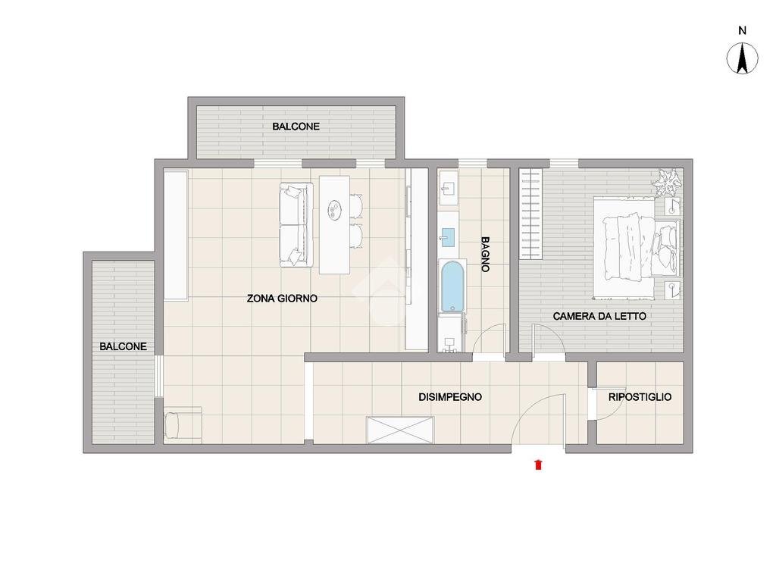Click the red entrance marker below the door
538,465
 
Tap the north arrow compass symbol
742,58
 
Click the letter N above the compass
742,30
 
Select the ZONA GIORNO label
282,299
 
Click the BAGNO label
486,255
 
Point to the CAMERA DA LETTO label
599,316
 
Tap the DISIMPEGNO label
450,397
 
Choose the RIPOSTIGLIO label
640,397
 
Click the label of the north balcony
296,127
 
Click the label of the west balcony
124,346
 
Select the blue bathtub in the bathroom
453,286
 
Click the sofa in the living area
296,224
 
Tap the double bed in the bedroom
637,249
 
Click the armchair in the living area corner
183,424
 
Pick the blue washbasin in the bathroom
449,237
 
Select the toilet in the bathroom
452,334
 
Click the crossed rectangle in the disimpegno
400,430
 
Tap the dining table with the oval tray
334,224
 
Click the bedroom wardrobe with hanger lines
530,214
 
